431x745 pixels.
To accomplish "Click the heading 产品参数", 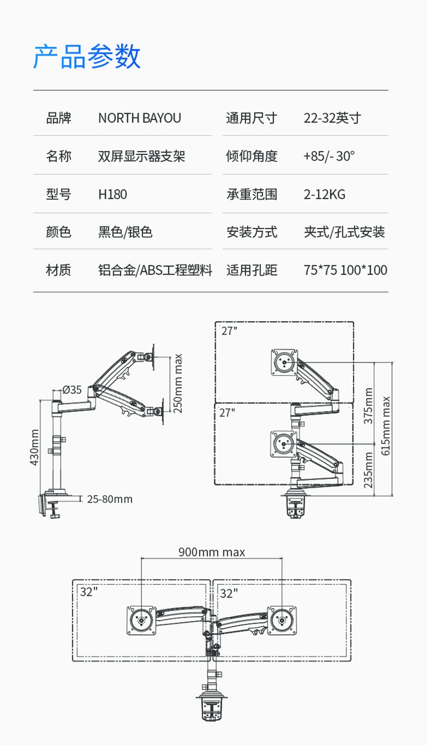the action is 87,56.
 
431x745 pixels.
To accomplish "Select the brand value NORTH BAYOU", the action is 140,118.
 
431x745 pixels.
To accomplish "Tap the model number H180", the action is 113,194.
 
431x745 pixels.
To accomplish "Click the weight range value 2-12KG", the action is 324,194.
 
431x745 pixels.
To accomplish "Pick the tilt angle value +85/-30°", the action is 329,156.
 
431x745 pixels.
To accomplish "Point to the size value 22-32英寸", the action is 332,118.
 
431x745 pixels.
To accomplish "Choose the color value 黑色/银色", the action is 125,232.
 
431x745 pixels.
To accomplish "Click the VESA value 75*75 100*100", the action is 345,270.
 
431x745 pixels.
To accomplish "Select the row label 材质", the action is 59,270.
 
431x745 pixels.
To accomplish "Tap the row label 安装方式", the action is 252,232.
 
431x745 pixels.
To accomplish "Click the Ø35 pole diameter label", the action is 72,389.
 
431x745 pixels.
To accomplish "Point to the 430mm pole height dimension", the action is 34,447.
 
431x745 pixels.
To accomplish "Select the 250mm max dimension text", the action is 178,384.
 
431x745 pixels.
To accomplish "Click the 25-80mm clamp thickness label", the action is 110,499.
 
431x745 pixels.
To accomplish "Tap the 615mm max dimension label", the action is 386,426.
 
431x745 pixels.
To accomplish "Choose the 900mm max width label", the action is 211,552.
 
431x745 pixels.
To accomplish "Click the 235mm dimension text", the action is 368,470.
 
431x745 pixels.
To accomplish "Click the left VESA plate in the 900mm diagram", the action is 141,620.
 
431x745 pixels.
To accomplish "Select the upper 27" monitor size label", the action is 229,331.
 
